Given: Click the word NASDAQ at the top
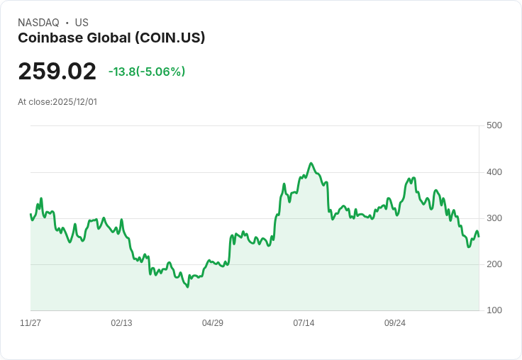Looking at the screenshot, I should [x=38, y=23].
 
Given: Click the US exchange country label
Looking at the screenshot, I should [x=82, y=23].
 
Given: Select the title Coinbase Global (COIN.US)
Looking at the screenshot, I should [x=111, y=38].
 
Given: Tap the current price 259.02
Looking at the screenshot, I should [x=57, y=72].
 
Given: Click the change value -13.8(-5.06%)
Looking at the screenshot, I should [x=147, y=72].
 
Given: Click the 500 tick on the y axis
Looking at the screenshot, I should [x=494, y=125].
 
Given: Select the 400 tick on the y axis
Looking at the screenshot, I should [x=494, y=172].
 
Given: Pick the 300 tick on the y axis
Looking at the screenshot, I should [x=494, y=218].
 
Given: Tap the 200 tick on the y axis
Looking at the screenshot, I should [x=494, y=264].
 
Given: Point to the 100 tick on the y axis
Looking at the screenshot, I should [x=494, y=310].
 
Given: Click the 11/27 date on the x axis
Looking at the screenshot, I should [x=30, y=323].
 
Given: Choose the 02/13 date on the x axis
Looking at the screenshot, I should [x=121, y=323].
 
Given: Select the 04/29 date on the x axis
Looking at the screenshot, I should [x=213, y=323].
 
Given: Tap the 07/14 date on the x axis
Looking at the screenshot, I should [x=304, y=323].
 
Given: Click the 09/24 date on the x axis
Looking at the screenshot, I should [x=395, y=323].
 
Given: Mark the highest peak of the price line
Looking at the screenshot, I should [x=311, y=163].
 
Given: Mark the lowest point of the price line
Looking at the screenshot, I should [x=187, y=287].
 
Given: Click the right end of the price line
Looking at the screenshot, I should [x=479, y=237].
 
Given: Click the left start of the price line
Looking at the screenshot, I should [x=30, y=214].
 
